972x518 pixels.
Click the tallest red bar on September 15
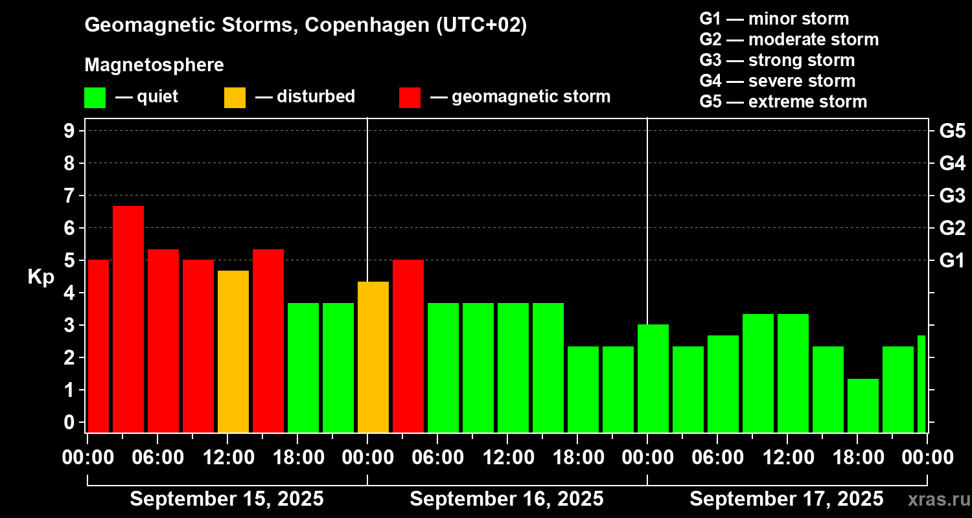point(128,319)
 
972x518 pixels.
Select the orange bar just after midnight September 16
point(373,357)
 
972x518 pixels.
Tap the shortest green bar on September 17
point(863,405)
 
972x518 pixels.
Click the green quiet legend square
point(95,98)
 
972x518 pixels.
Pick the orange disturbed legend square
point(235,98)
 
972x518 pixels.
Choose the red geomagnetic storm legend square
point(410,98)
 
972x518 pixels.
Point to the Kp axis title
point(40,277)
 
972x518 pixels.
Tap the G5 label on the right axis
point(952,131)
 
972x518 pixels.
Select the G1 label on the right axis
point(952,261)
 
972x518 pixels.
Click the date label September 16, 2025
point(507,499)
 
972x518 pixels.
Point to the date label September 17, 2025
point(786,499)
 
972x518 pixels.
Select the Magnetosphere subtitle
point(154,65)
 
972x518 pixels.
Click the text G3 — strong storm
point(777,60)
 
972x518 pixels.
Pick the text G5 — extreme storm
point(783,102)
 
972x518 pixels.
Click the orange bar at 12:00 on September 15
point(233,351)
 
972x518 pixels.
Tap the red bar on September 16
point(408,346)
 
